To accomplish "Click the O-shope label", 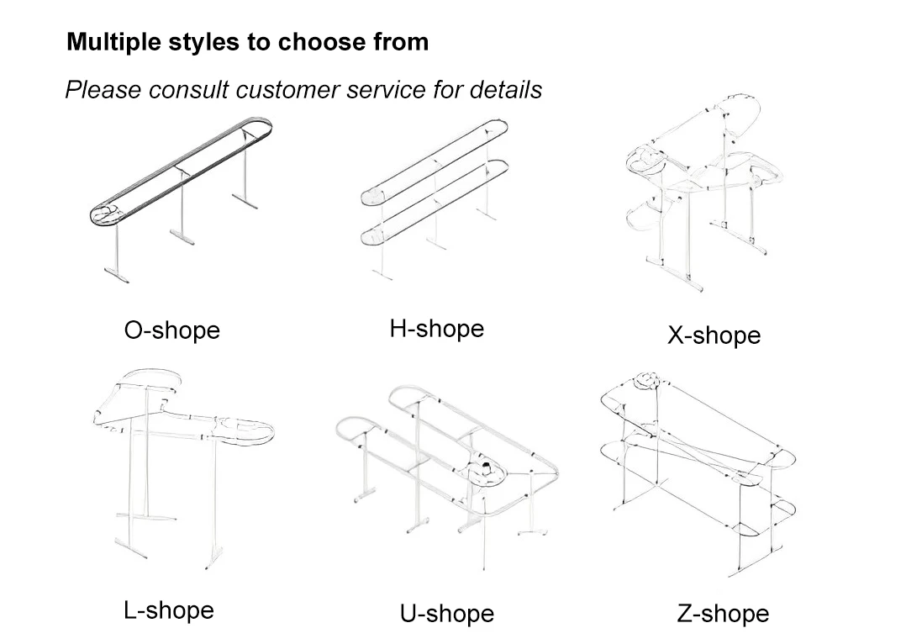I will point(171,330).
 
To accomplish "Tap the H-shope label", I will point(436,328).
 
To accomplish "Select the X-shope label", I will point(714,335).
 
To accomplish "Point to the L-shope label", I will point(168,610).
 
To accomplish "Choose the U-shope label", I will point(446,614).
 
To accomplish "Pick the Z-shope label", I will point(723,614).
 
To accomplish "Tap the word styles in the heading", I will point(198,42).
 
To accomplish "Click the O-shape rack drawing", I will point(181,189).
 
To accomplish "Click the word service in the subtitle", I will point(387,89).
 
